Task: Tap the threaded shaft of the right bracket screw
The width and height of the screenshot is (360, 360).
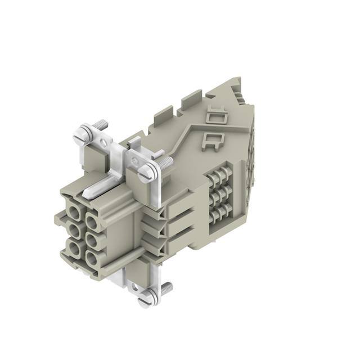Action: coord(165,163)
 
